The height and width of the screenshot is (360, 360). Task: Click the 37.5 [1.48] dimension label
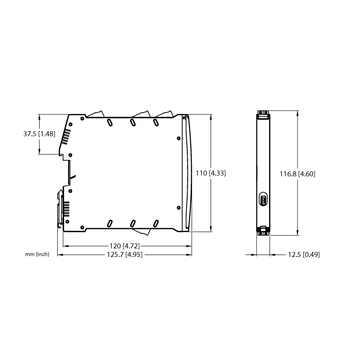(x=39, y=134)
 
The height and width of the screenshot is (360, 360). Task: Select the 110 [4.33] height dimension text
(x=211, y=173)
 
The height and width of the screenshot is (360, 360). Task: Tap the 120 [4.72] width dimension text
(x=125, y=246)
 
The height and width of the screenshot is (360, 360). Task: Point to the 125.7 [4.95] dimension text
(x=125, y=255)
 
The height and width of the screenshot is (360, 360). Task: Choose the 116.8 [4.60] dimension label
(x=297, y=174)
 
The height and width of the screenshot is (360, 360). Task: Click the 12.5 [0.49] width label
(x=304, y=255)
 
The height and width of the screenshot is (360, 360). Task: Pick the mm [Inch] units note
(x=37, y=254)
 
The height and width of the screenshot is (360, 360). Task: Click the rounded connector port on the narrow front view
(x=263, y=199)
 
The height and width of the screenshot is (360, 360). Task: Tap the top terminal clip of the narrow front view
(x=263, y=115)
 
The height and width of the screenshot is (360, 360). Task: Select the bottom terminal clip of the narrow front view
(x=263, y=231)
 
